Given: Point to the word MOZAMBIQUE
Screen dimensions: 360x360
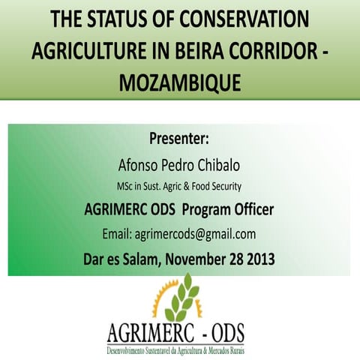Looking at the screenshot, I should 180,81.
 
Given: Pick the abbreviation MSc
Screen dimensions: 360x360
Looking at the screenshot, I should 126,186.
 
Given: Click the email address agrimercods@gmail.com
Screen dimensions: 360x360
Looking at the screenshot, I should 179,233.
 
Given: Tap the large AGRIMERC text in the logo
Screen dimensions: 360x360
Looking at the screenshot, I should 154,331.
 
